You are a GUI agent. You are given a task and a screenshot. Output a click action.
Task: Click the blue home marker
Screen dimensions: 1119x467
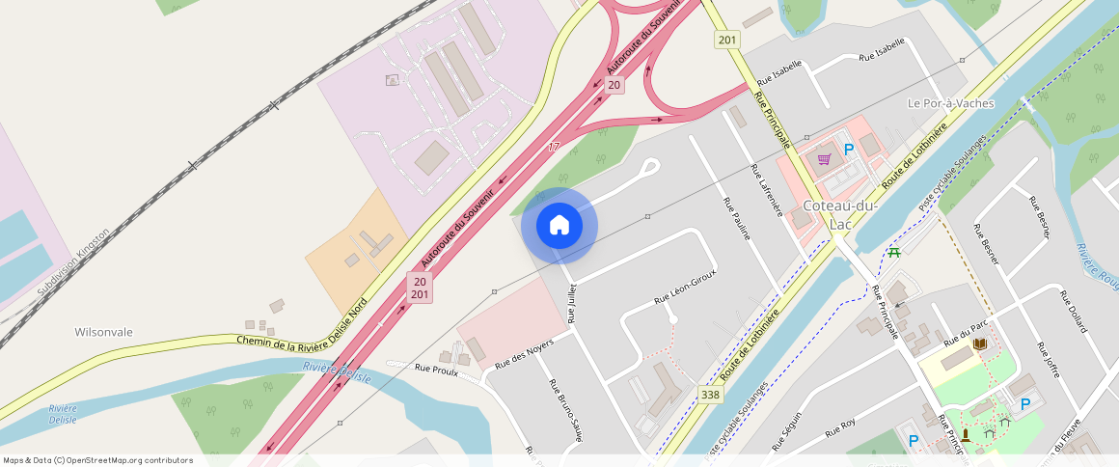tap(559, 226)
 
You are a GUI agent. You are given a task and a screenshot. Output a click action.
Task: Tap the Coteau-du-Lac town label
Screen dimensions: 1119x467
tap(838, 214)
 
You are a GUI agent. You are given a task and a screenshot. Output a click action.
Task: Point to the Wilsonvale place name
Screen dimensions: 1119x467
tap(103, 332)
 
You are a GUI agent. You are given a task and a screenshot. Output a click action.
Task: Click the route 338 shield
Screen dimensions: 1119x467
tap(711, 395)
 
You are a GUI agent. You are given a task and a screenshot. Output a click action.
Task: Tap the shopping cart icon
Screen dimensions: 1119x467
tap(824, 159)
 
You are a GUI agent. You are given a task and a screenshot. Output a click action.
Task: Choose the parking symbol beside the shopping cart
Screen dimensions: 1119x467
tap(849, 150)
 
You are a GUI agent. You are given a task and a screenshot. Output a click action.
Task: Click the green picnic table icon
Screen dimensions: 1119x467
tap(894, 252)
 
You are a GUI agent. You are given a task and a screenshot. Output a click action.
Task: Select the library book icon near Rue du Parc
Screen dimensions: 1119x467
tap(980, 343)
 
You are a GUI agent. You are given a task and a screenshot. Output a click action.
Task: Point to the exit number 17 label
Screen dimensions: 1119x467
tap(554, 147)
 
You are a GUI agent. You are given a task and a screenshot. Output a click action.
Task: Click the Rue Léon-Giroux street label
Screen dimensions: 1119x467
tap(685, 287)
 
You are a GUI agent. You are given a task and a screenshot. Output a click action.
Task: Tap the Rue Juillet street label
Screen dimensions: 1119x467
tap(572, 303)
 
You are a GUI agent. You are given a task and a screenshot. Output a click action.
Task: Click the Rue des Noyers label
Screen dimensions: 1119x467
tap(524, 355)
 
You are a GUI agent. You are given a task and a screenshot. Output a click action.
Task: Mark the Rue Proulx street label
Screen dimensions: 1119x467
tap(435, 368)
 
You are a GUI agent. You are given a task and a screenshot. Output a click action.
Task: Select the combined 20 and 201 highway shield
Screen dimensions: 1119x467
tap(420, 288)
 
